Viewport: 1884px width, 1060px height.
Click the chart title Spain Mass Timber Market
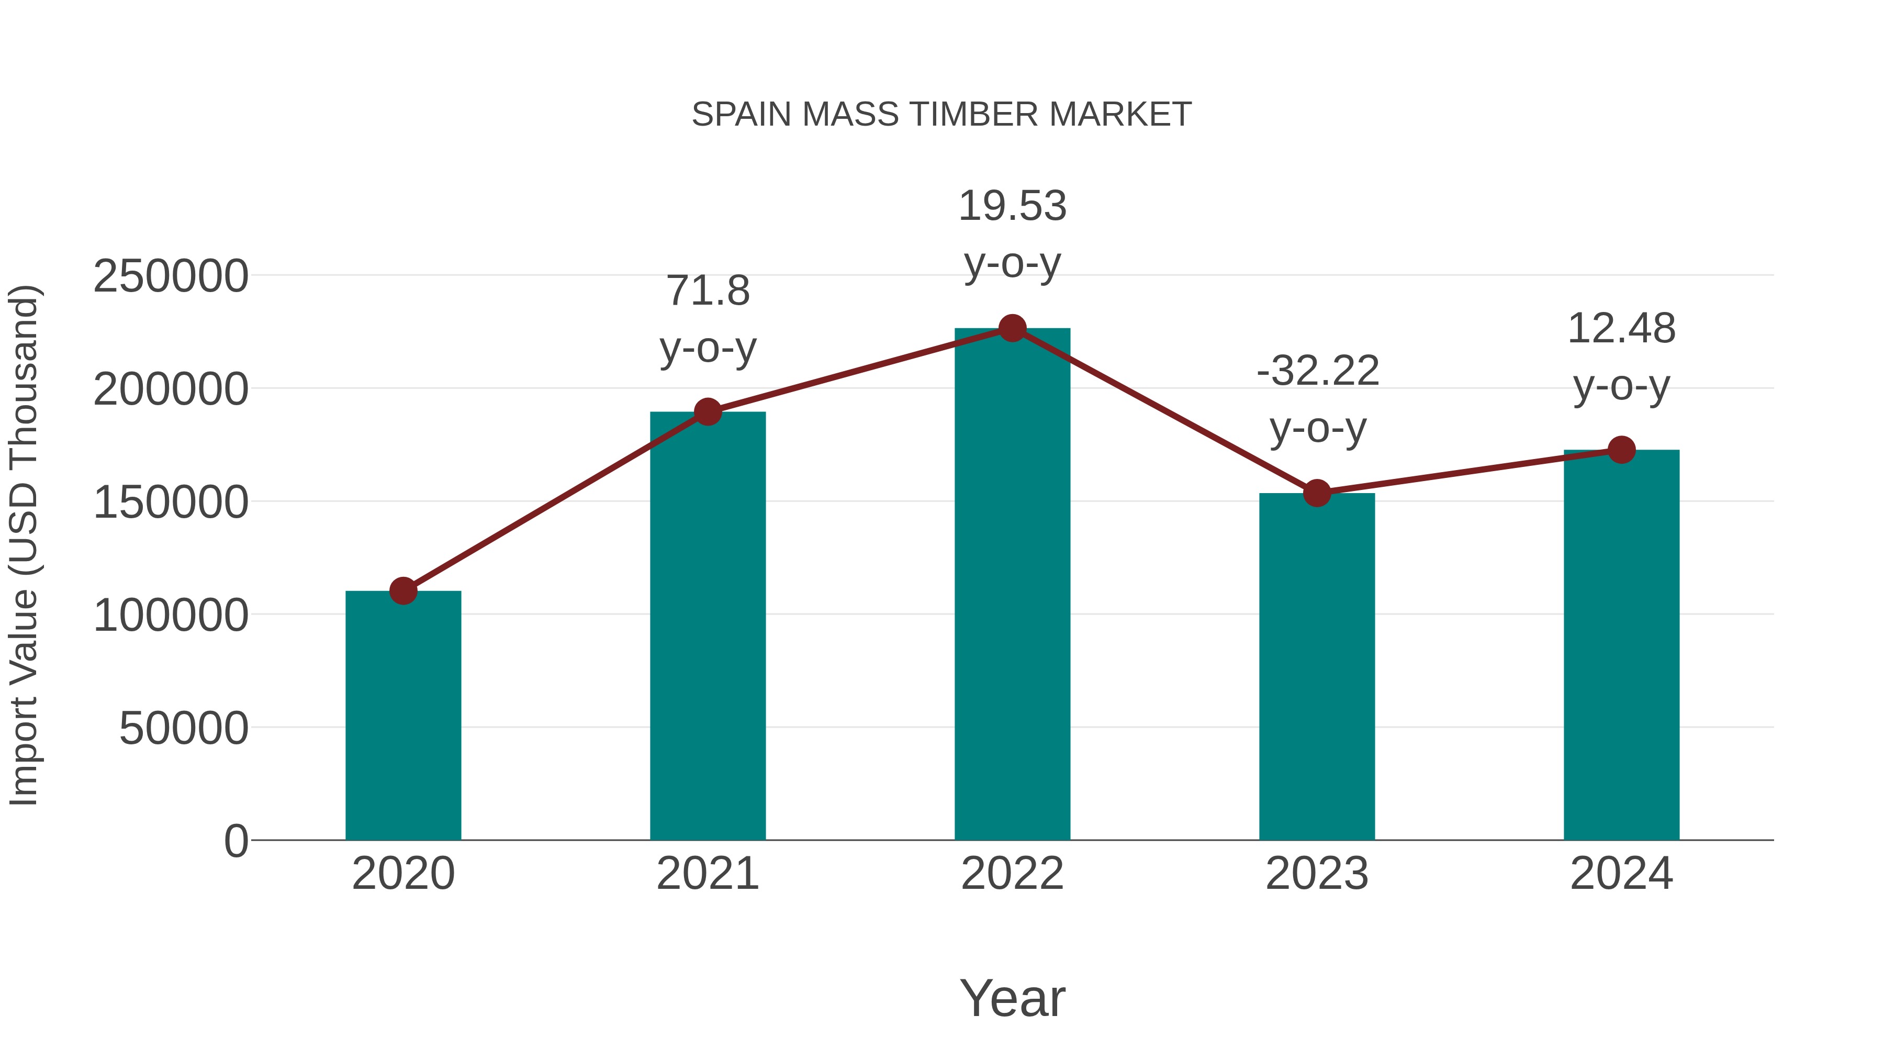click(941, 115)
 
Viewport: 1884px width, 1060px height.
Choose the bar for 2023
click(1317, 666)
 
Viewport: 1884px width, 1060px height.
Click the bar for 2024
click(1621, 644)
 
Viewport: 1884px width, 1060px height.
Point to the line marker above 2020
click(403, 590)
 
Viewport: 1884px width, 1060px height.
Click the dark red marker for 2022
click(1012, 328)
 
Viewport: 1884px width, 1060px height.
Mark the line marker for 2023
click(1317, 493)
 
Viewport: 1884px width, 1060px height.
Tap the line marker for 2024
click(1621, 450)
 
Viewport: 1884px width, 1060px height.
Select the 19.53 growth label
click(1012, 234)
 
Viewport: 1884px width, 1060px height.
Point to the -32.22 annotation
click(1317, 399)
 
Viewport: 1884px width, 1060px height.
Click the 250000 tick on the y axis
click(171, 276)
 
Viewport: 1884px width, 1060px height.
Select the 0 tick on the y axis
click(236, 841)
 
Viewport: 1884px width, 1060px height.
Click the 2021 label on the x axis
click(707, 874)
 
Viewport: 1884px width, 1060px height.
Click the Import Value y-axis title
click(24, 545)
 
